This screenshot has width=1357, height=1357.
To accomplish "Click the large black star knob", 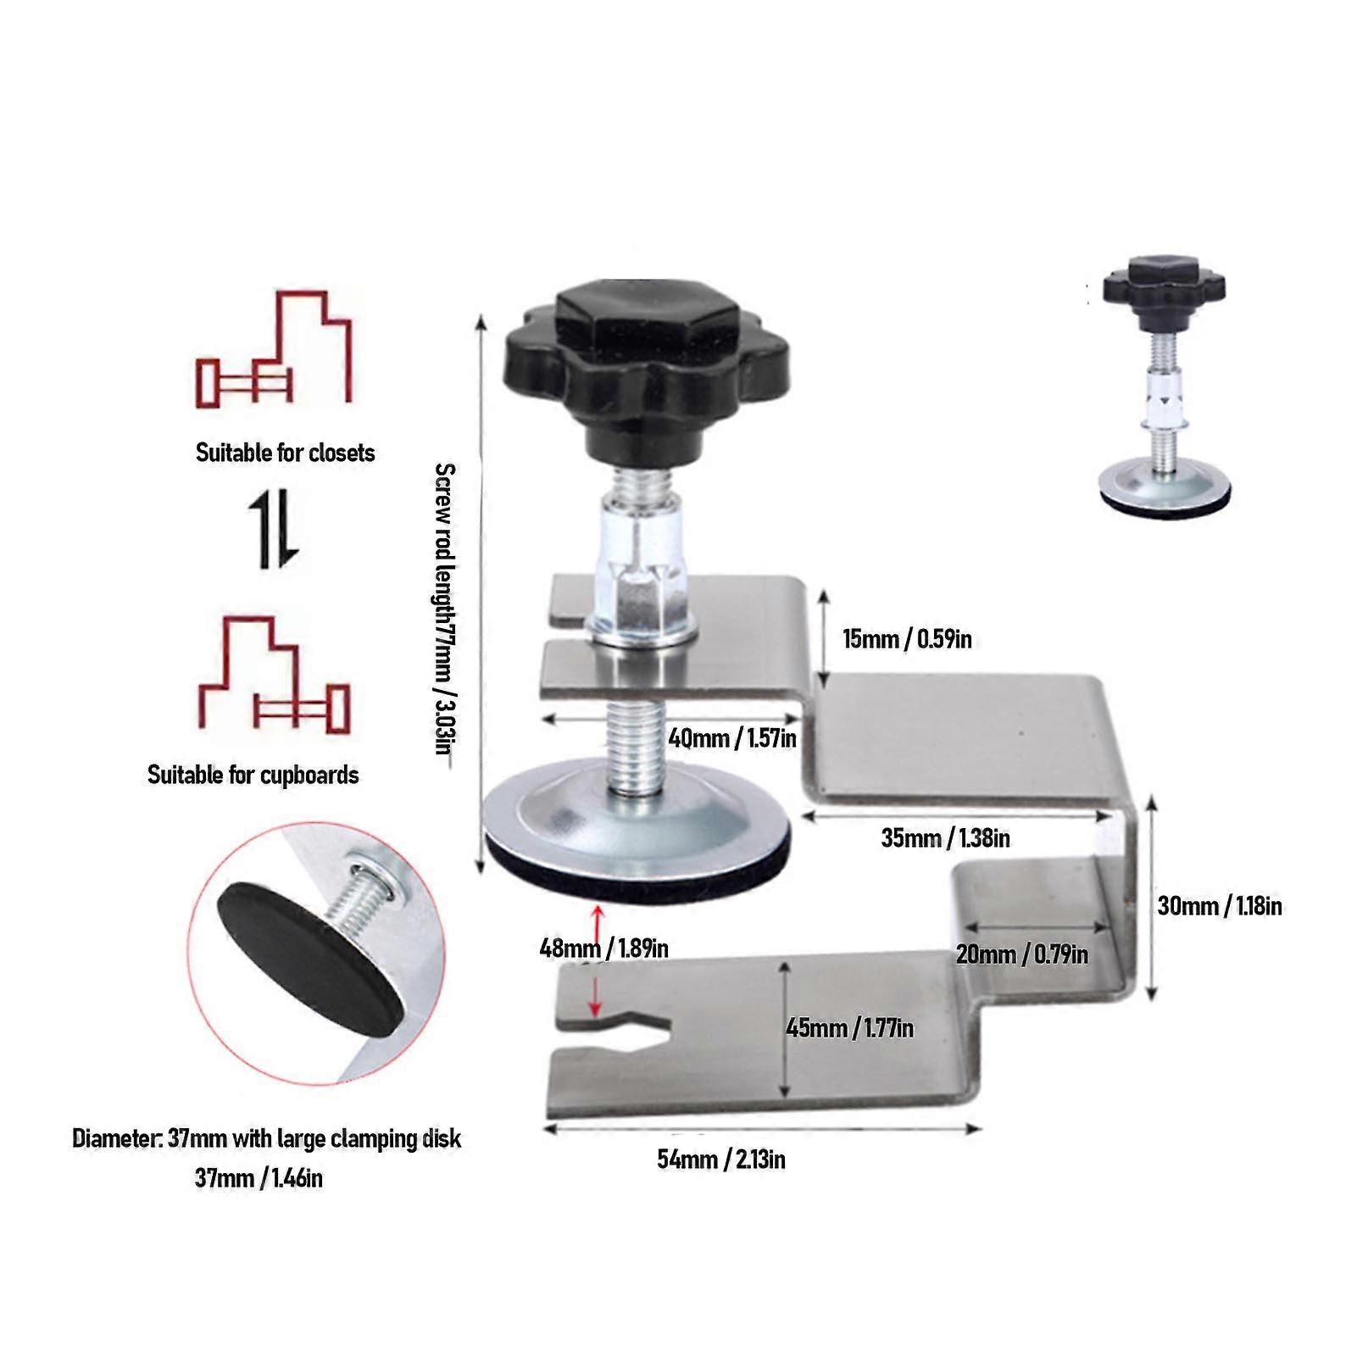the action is (647, 369).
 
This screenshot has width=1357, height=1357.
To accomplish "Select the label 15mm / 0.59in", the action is (907, 638).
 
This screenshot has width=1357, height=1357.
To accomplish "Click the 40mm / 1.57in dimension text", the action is (732, 737).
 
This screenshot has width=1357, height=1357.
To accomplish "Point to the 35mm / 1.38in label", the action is (945, 837).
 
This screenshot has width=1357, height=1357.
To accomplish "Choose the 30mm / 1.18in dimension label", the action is (1220, 906).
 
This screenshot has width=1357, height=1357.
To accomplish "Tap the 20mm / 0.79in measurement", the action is (1022, 954).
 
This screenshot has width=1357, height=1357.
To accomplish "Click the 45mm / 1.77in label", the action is (849, 1028).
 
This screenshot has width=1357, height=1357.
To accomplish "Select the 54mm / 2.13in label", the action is (721, 1159).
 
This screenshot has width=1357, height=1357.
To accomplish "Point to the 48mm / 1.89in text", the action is (604, 948).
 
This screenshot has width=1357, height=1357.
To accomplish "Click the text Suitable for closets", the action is (286, 453).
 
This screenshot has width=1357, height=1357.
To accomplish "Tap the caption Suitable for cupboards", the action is (253, 775).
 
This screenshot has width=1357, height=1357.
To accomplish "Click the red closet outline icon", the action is (274, 348).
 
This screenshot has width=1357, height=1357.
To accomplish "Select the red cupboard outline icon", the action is (274, 674).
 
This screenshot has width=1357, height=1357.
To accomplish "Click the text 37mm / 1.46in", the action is (259, 1178).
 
